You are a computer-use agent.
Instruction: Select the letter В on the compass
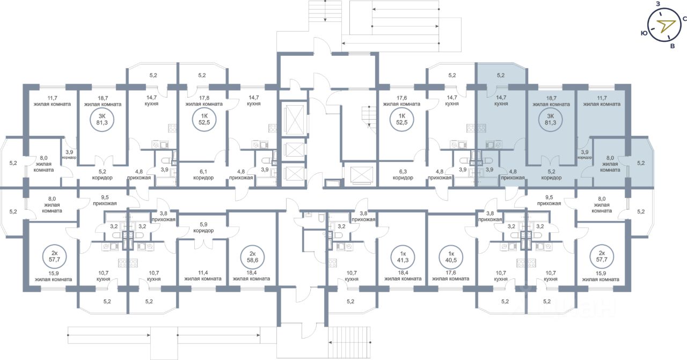coord(673,46)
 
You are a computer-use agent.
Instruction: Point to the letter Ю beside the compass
coord(644,33)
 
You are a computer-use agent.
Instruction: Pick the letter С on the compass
coord(684,19)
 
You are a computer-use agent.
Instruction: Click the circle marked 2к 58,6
coord(253,257)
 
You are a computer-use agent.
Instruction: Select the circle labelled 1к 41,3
coord(403,257)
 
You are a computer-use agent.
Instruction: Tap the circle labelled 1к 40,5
coord(451,257)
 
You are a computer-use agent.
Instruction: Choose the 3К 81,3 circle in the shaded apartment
coord(551,119)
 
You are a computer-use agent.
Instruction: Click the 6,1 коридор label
coord(203,175)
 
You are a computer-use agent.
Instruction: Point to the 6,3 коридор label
coord(403,175)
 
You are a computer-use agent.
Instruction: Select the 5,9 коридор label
coord(203,227)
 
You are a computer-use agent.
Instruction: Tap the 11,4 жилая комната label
coord(203,276)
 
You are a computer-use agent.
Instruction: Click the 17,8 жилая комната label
coord(204,101)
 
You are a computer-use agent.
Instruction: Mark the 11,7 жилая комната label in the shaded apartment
coord(602,101)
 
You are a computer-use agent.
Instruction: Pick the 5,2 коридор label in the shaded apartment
coord(551,175)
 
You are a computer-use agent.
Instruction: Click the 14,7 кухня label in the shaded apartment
coord(501,100)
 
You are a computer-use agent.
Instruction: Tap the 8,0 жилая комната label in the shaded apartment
coord(610,164)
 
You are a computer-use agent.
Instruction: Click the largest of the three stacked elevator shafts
coord(294,119)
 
